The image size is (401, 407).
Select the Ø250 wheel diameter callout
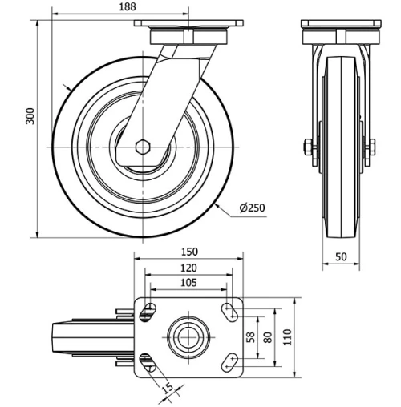tap(251, 208)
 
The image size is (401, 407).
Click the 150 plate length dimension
tap(189, 251)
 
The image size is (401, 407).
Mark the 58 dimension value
tap(249, 337)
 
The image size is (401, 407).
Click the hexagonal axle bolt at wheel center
tap(143, 147)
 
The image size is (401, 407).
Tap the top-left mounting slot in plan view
tap(147, 312)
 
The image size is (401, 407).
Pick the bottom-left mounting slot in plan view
tap(147, 362)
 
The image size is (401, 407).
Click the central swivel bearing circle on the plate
tap(188, 337)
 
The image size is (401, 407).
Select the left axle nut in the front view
tap(308, 147)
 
